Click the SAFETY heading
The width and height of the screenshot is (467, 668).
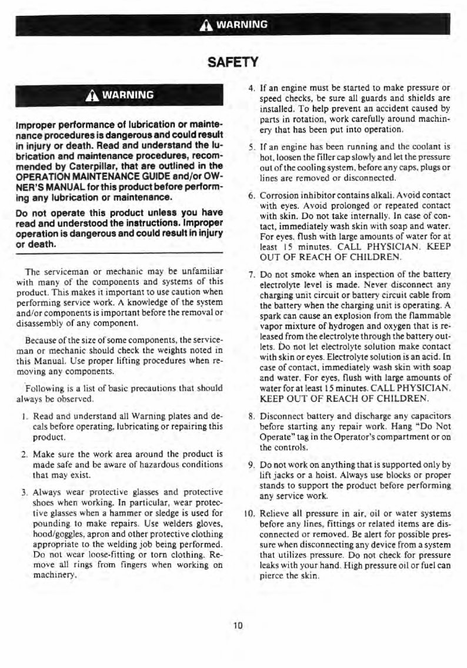[233, 61]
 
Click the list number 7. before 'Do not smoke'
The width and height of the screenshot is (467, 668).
[251, 275]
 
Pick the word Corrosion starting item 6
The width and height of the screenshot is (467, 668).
[278, 195]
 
